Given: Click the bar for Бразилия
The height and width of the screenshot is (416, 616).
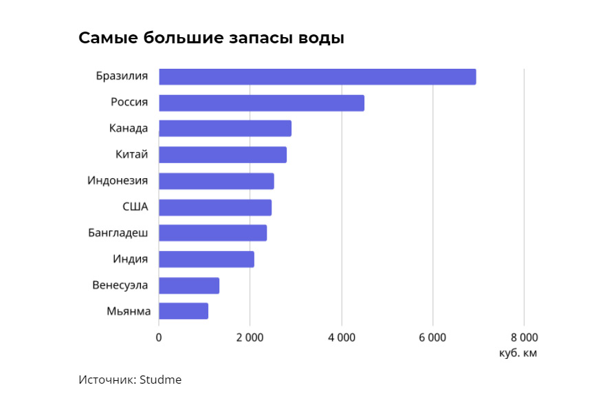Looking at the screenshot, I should tap(317, 76).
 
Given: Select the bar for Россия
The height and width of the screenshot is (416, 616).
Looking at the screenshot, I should tap(261, 102).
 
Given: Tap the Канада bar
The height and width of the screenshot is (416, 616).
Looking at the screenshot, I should tap(225, 129).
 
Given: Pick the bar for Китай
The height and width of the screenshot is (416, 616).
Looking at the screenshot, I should tap(223, 155).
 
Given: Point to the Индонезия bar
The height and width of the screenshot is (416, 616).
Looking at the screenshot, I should tap(216, 181).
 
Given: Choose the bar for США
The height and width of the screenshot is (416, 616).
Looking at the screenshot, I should tap(215, 207).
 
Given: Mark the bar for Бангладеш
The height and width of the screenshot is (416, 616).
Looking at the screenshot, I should tap(212, 233).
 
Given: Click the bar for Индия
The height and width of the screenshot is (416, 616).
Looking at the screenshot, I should tap(206, 259).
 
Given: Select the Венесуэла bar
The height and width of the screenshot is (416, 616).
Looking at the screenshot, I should tap(189, 285).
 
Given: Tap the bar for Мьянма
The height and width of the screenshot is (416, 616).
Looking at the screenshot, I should tap(184, 311).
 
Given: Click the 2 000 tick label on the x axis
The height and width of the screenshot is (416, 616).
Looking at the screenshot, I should tap(250, 337).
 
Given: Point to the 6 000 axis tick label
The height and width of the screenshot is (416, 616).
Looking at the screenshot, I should tap(432, 337).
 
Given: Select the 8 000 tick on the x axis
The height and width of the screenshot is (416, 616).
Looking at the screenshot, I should tap(523, 337).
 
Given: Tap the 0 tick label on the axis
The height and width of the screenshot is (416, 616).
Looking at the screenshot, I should tap(159, 337).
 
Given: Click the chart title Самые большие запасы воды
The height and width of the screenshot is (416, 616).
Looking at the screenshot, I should tap(211, 38).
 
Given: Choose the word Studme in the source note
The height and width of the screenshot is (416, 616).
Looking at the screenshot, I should tap(160, 380).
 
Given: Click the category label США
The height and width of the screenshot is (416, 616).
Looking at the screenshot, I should tap(135, 207).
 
